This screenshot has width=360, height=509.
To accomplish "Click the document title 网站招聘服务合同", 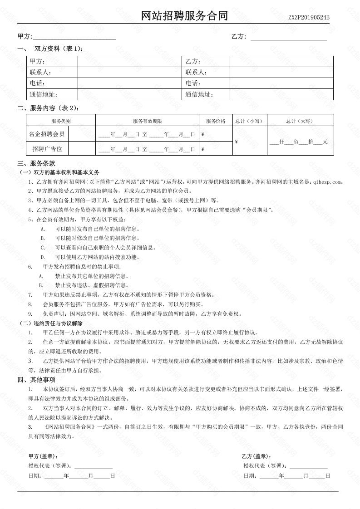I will click(184, 17).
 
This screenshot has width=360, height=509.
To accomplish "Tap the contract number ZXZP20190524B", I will click(309, 18).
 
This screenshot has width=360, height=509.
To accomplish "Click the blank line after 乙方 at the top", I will click(288, 37).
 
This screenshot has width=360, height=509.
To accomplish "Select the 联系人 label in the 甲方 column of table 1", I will click(40, 73).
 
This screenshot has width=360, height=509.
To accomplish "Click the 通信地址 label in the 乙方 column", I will click(199, 95).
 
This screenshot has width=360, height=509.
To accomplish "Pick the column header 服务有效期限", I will click(148, 121).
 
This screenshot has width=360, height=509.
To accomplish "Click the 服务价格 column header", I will click(216, 121).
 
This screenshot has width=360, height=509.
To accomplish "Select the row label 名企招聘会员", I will click(47, 134).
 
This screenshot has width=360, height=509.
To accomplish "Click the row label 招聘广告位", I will click(47, 149).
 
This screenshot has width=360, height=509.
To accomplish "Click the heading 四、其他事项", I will click(36, 380).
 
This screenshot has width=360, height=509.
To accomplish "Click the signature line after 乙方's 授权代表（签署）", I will click(308, 466).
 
